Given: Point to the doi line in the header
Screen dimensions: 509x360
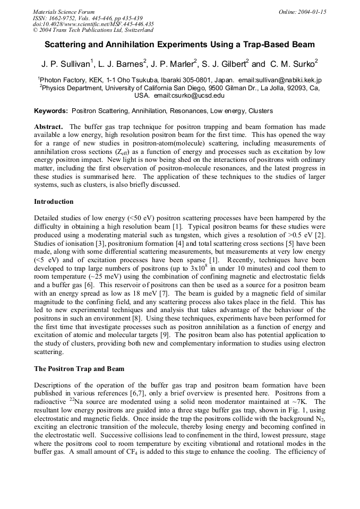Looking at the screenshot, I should click(93, 24).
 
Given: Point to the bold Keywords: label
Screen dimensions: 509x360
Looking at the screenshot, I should click(51, 111).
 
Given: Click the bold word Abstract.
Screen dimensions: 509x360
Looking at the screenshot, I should click(49, 127).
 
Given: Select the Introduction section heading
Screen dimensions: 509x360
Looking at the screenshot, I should click(54, 202).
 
